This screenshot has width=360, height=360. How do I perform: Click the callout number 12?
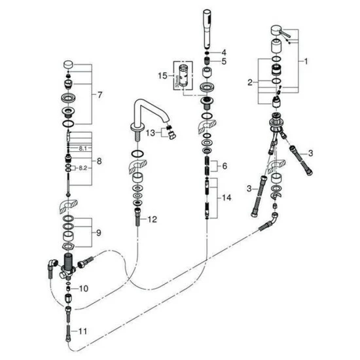[153, 219]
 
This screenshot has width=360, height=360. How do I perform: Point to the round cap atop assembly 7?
[68, 64]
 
